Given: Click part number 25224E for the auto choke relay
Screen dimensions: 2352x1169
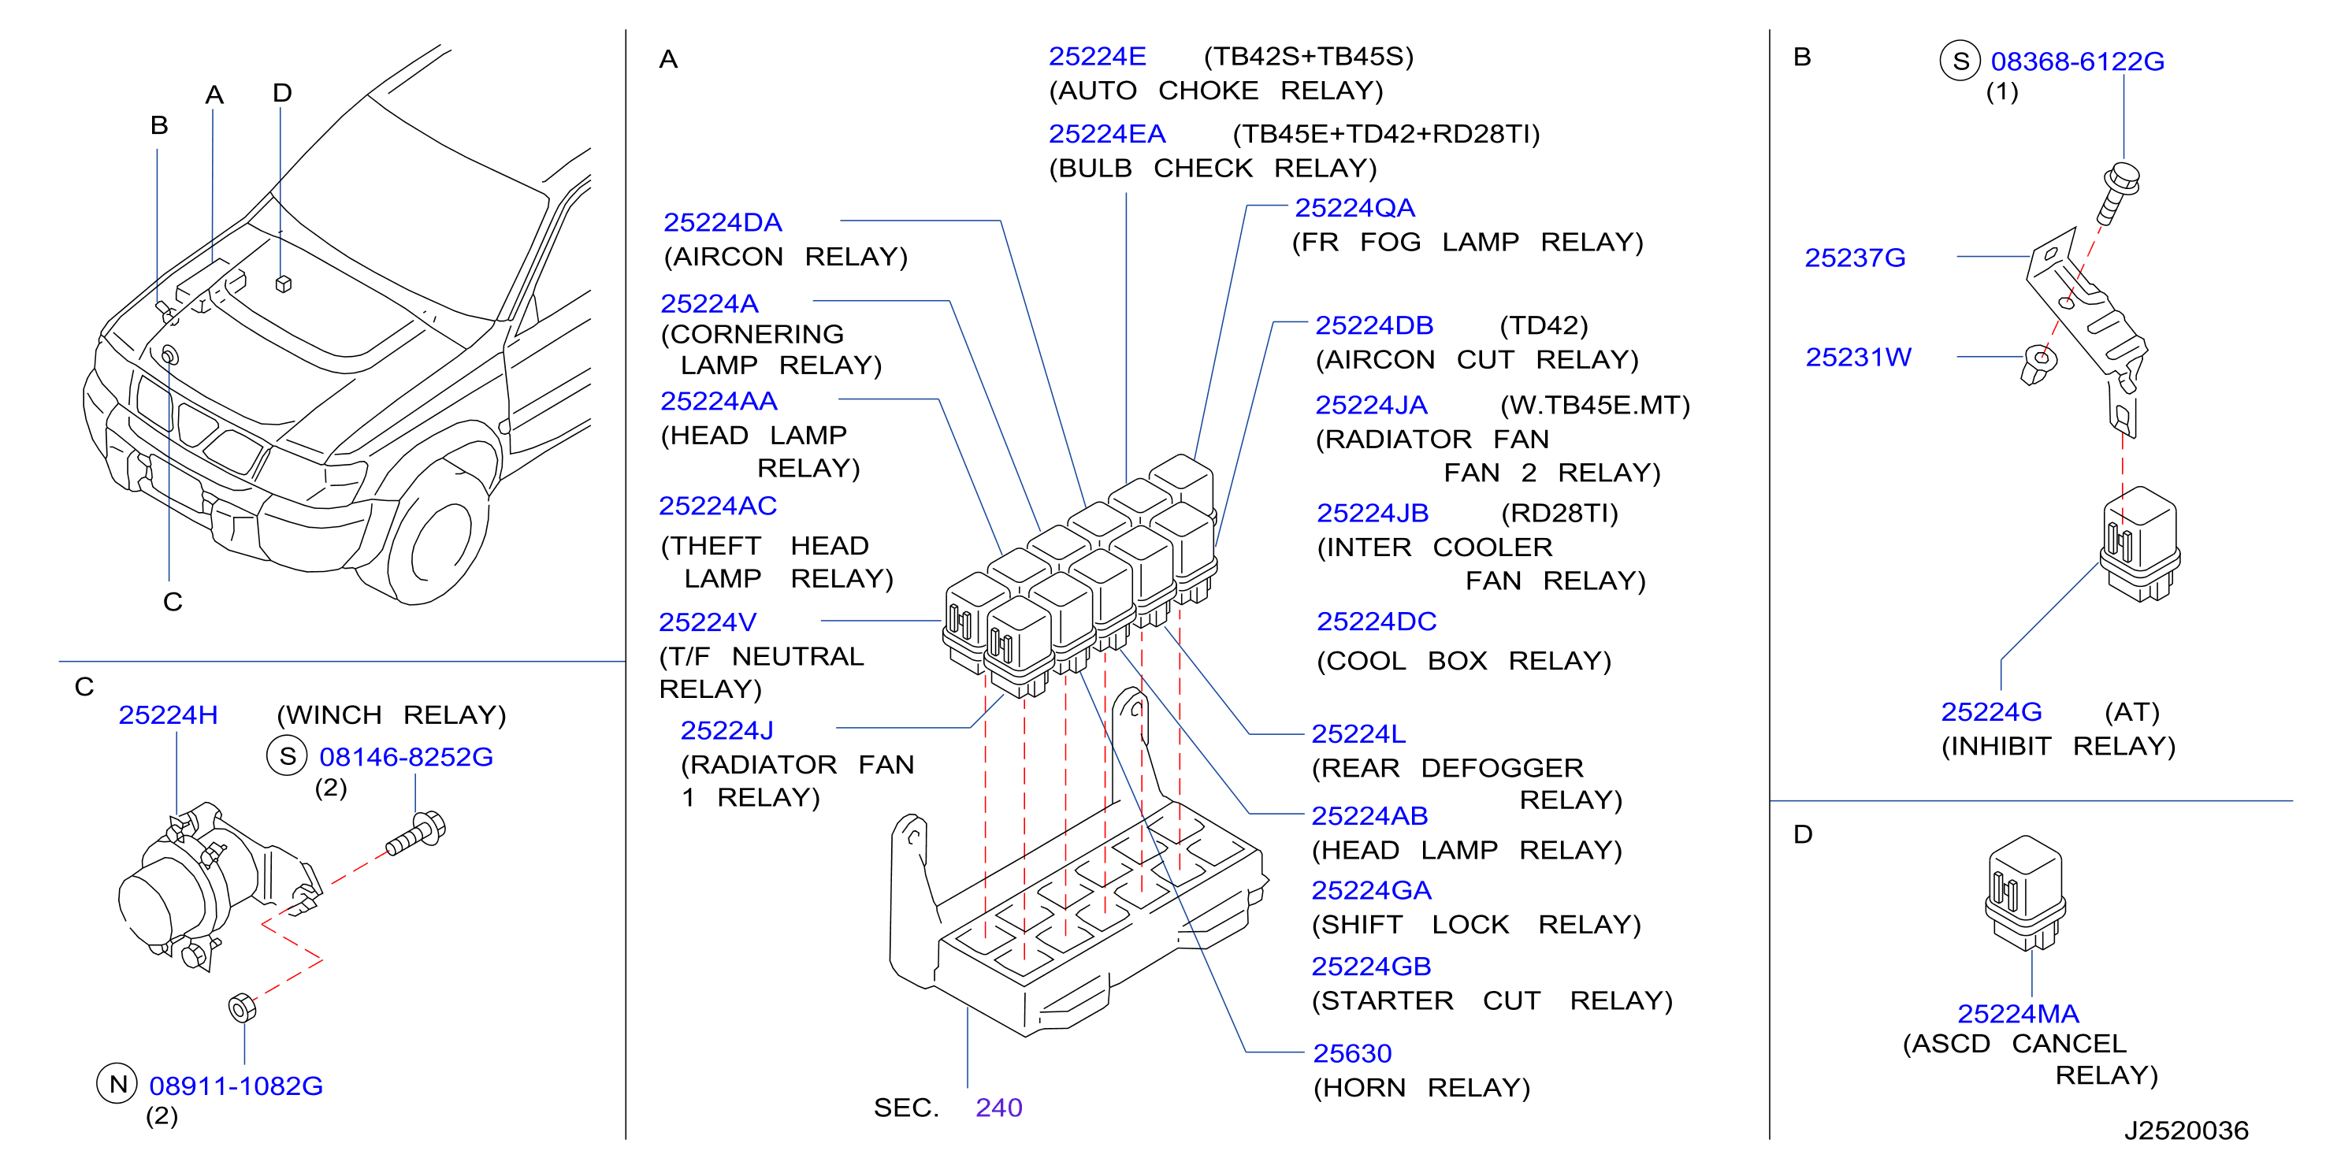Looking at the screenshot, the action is [1097, 57].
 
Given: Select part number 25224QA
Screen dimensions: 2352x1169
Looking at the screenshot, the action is [1355, 208].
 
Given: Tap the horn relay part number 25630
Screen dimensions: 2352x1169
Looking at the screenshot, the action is [1352, 1053].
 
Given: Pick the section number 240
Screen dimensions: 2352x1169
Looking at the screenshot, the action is [999, 1107].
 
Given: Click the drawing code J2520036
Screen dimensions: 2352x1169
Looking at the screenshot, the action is [2186, 1130].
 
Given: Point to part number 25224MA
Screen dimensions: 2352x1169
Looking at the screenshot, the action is [2018, 1013].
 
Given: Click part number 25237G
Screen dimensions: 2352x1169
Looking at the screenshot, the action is [1856, 258].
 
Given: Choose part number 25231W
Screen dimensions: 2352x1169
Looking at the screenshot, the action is [1858, 358].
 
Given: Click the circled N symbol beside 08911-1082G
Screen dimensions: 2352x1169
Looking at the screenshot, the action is [117, 1083].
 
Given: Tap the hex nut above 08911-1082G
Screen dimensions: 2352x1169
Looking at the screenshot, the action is [242, 1008].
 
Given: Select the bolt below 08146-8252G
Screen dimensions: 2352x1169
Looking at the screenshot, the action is [416, 833].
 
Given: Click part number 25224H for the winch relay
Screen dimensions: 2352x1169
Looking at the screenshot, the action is [168, 714].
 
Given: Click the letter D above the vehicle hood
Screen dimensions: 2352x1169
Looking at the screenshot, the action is [282, 93].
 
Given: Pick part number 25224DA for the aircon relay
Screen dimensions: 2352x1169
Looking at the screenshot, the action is [723, 223].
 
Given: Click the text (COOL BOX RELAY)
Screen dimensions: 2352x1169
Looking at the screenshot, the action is [1464, 661].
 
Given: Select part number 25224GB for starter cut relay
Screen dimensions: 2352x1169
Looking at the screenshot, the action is [1370, 967].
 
